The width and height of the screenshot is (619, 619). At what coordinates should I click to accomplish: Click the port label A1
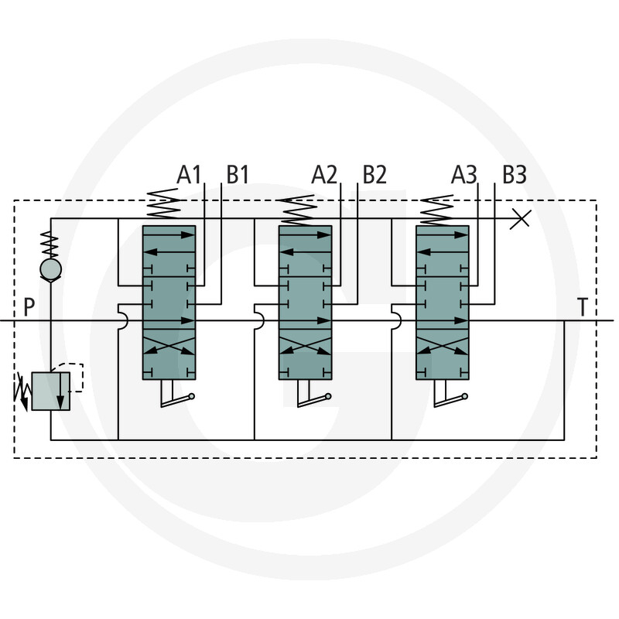click(x=189, y=175)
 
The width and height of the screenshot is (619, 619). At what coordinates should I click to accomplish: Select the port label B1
click(x=238, y=175)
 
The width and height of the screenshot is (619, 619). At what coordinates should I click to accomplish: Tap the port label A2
click(x=324, y=175)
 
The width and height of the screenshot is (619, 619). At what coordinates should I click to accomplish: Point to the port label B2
click(x=374, y=175)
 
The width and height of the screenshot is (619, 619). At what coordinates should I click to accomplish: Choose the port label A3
click(x=463, y=175)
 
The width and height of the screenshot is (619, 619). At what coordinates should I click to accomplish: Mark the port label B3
click(x=515, y=175)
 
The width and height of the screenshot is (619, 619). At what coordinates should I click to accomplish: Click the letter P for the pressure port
click(x=29, y=307)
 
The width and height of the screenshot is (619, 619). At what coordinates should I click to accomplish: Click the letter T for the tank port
click(x=583, y=307)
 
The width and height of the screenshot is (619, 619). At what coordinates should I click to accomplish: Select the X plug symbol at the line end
click(x=520, y=219)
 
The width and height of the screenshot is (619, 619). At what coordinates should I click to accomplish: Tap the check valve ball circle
click(x=51, y=269)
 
